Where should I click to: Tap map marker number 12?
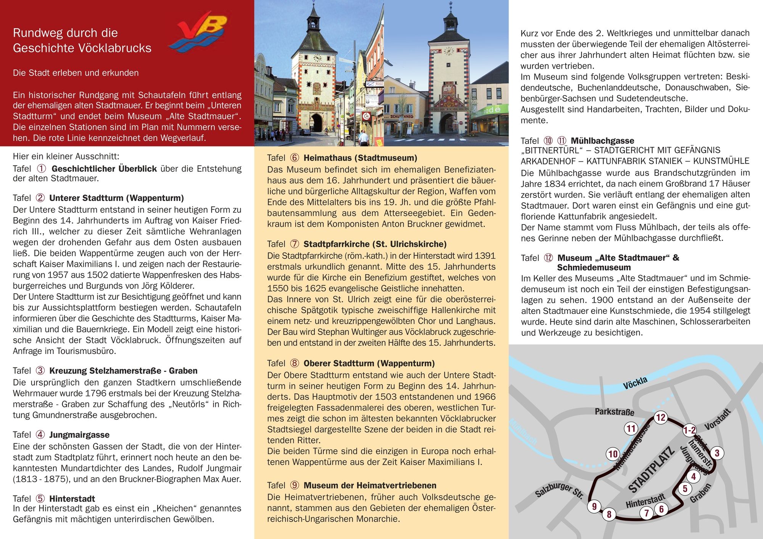(660, 417)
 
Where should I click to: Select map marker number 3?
(717, 453)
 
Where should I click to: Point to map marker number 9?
(594, 507)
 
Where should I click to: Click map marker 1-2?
(689, 431)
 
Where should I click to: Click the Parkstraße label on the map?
(614, 412)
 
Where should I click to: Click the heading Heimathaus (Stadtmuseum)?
(360, 158)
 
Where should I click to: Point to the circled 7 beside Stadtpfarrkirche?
(295, 244)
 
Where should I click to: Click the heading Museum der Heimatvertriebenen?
(370, 486)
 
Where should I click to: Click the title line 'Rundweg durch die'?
(65, 33)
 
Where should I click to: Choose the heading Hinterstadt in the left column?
(72, 499)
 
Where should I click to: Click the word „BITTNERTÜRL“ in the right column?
(551, 150)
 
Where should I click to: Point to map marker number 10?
(613, 454)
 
